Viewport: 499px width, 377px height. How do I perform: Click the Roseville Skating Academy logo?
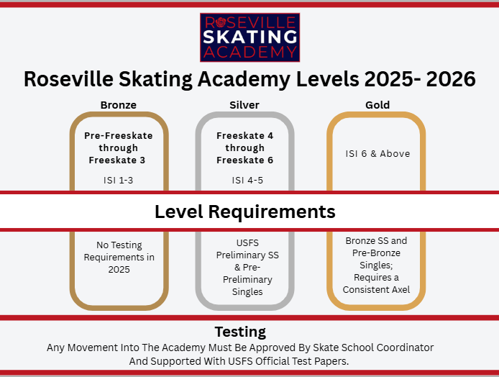pos(249,37)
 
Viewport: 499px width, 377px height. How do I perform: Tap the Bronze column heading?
pos(119,105)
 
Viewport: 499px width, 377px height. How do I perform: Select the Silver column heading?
pos(244,105)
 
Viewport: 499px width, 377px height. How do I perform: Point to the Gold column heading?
pos(377,105)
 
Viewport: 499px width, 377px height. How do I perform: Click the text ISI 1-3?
pos(119,180)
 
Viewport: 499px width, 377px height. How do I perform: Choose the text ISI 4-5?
pos(247,180)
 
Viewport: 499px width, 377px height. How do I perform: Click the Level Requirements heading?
pos(245,212)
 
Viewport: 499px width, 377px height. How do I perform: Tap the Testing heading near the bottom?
pos(240,332)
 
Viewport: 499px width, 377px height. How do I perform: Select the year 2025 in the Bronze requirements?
pos(119,270)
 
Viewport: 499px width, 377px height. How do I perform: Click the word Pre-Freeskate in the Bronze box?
pos(118,135)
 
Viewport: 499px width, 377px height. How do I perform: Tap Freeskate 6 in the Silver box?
pos(244,160)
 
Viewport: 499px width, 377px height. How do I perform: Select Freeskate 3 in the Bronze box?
pos(118,160)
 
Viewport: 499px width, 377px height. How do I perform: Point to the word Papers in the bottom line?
pos(333,360)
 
